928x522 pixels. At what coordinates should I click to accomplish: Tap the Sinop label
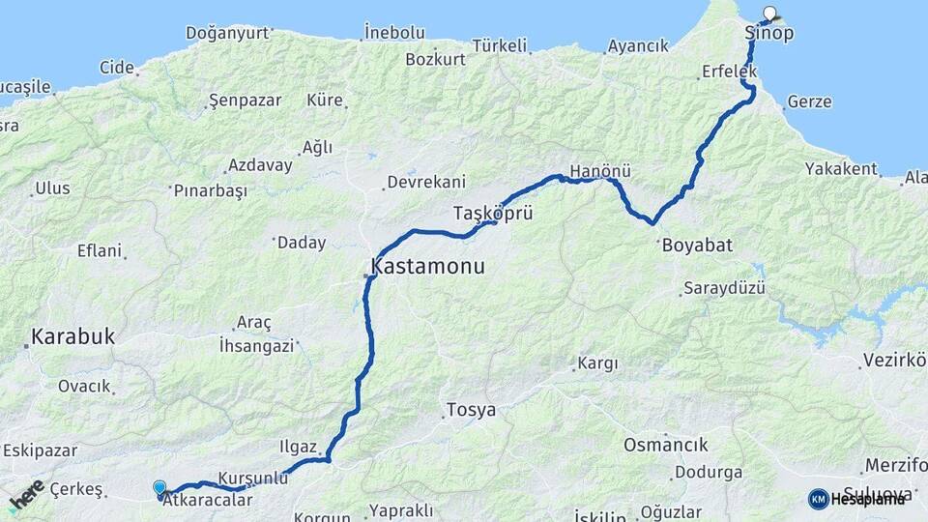[x=769, y=34]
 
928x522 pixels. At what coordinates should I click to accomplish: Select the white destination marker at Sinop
[x=770, y=14]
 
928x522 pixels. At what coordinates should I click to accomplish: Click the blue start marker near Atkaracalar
[x=159, y=489]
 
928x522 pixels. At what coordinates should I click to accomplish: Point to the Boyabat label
[x=697, y=245]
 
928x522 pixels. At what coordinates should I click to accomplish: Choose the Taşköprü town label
[x=493, y=212]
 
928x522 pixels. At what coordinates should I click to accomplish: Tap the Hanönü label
[x=600, y=171]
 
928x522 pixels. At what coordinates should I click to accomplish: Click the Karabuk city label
[x=72, y=337]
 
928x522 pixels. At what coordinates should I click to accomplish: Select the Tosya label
[x=471, y=410]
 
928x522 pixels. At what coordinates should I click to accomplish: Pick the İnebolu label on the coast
[x=394, y=32]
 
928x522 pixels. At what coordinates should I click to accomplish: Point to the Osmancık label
[x=665, y=446]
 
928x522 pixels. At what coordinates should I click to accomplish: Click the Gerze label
[x=809, y=101]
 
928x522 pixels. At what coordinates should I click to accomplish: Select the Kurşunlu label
[x=253, y=478]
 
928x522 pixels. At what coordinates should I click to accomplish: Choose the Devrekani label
[x=425, y=182]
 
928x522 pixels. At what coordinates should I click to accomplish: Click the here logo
[x=27, y=494]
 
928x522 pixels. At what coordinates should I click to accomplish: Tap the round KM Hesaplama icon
[x=818, y=499]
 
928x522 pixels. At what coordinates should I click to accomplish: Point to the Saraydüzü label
[x=724, y=288]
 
